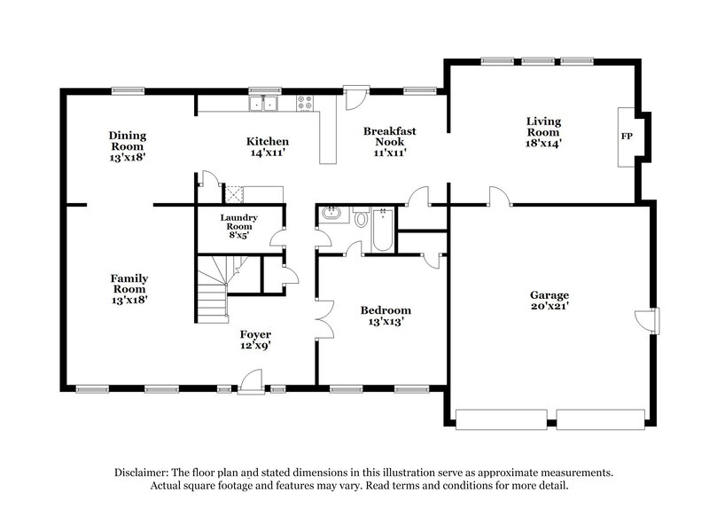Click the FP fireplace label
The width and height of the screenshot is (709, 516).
(x=627, y=137)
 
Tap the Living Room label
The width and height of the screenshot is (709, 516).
(x=544, y=126)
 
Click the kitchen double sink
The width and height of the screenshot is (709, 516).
(x=263, y=105)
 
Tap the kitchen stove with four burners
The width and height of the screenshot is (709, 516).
(x=307, y=104)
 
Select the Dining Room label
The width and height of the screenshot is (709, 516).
(x=128, y=141)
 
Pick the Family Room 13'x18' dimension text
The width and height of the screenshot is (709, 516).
(x=129, y=300)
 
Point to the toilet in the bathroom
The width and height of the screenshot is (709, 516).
(x=361, y=218)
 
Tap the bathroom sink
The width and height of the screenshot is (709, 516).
(x=331, y=214)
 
